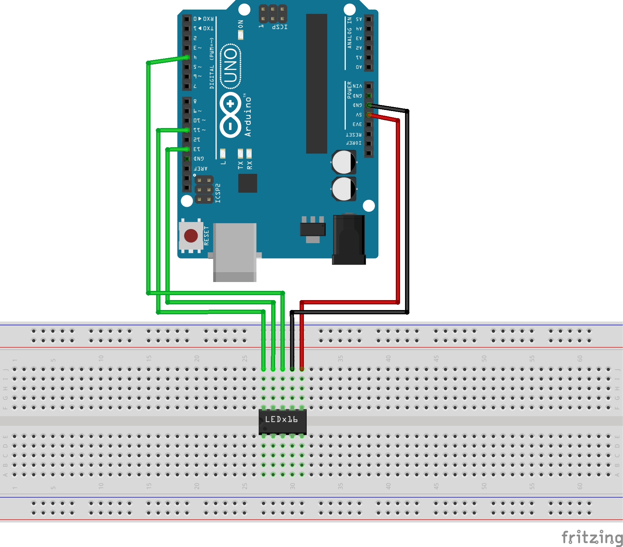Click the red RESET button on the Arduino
point(191,236)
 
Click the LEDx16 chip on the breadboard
point(282,421)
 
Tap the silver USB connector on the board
point(235,252)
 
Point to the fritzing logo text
point(592,537)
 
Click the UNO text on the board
point(230,66)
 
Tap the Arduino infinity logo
point(230,115)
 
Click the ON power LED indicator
point(241,35)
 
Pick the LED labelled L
point(223,153)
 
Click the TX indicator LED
point(240,153)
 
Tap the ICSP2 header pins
point(204,190)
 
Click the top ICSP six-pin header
point(273,14)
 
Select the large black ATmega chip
point(316,84)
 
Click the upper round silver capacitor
point(344,162)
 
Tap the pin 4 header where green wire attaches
point(187,57)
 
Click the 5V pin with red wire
point(369,115)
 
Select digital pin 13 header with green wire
point(187,149)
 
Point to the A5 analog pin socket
point(369,19)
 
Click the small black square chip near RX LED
point(247,183)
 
